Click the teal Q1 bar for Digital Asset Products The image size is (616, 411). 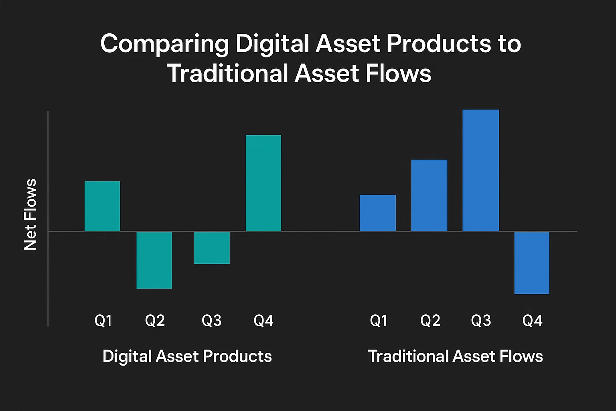pyautogui.click(x=102, y=206)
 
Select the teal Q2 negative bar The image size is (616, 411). pyautogui.click(x=154, y=260)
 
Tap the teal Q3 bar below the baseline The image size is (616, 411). pyautogui.click(x=212, y=248)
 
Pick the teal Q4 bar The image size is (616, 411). pyautogui.click(x=263, y=183)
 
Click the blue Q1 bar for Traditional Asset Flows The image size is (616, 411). pyautogui.click(x=378, y=213)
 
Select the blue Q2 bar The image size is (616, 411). pyautogui.click(x=429, y=195)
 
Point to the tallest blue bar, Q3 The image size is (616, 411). pyautogui.click(x=480, y=171)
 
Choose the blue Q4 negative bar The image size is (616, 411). pyautogui.click(x=532, y=263)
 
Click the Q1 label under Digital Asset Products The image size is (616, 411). pyautogui.click(x=103, y=321)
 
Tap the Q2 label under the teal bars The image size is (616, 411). pyautogui.click(x=155, y=321)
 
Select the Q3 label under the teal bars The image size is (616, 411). pyautogui.click(x=211, y=321)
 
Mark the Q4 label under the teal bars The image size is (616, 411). pyautogui.click(x=263, y=321)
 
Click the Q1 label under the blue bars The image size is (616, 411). pyautogui.click(x=379, y=321)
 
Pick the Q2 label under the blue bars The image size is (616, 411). pyautogui.click(x=430, y=321)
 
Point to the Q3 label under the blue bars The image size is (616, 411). pyautogui.click(x=481, y=321)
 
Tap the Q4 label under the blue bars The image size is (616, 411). pyautogui.click(x=532, y=321)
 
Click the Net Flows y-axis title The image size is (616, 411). pyautogui.click(x=30, y=215)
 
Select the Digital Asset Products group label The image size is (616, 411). pyautogui.click(x=187, y=356)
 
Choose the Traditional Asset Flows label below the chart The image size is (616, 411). pyautogui.click(x=455, y=356)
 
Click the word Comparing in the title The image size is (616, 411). pyautogui.click(x=164, y=43)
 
